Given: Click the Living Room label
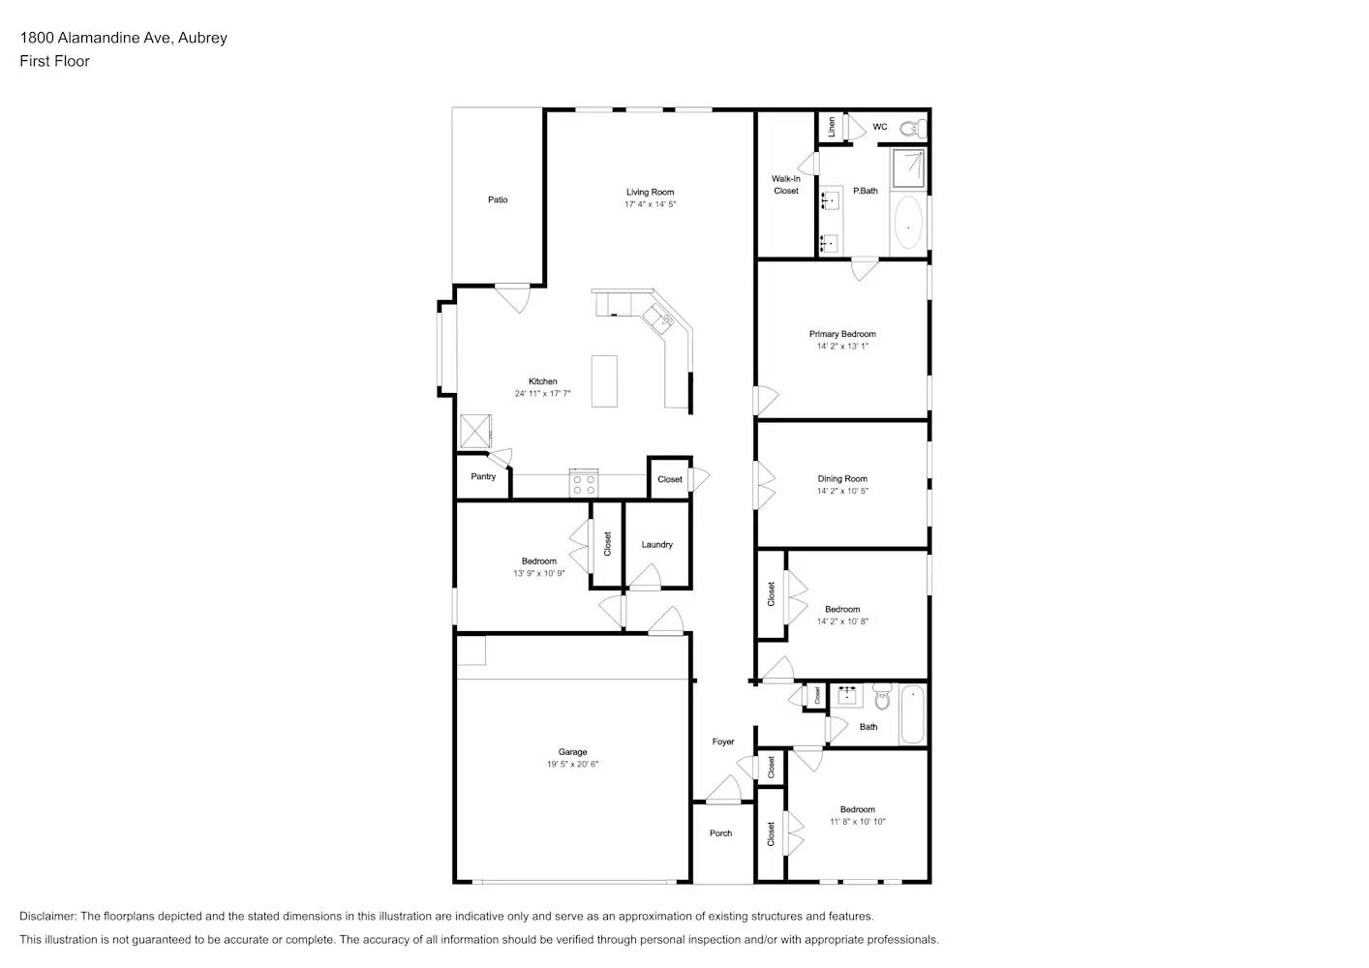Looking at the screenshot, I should pos(650,192).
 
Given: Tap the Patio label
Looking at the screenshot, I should pos(498,199).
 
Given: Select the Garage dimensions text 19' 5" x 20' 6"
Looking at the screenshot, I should pos(572,765).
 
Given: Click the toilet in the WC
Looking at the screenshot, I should pos(909,127).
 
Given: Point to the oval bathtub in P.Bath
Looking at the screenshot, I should pos(908,223).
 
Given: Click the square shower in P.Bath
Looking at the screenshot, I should pos(908,167).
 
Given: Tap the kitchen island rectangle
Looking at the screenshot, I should pos(604,381).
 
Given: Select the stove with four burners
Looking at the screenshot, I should pos(584,483).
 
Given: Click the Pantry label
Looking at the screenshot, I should pos(483,476).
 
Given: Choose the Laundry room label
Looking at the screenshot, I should pos(656,544).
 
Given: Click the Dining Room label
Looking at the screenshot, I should pos(842,478).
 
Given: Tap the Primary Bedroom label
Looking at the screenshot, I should pos(842,334).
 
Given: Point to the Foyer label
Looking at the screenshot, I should pos(723,741).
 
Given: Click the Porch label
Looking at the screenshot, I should pos(720,832).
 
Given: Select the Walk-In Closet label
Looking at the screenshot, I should pos(786,185).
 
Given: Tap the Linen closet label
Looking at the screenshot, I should pos(832,127).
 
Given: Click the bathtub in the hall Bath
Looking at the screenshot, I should pos(912,715).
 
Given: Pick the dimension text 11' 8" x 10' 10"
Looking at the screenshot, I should pos(857,822).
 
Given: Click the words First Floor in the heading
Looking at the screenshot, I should pos(54,61).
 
